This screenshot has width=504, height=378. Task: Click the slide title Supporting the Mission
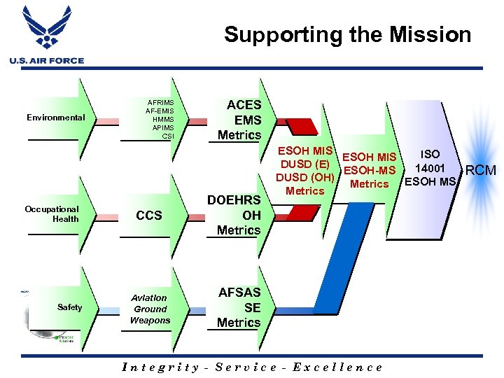pyautogui.click(x=347, y=34)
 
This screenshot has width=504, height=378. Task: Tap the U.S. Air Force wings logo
pyautogui.click(x=47, y=28)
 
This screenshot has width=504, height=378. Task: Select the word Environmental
pyautogui.click(x=55, y=118)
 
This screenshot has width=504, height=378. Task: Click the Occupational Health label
pyautogui.click(x=52, y=214)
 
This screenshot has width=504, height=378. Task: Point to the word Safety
pyautogui.click(x=70, y=307)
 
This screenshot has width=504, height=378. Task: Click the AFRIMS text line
pyautogui.click(x=160, y=102)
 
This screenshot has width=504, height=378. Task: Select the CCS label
pyautogui.click(x=149, y=216)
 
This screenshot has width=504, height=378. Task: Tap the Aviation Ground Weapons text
pyautogui.click(x=150, y=309)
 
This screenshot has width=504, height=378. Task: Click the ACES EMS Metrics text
pyautogui.click(x=239, y=120)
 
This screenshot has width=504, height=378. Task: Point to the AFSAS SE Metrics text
pyautogui.click(x=239, y=307)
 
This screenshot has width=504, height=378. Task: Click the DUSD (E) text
pyautogui.click(x=304, y=164)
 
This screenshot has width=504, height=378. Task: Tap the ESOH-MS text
pyautogui.click(x=370, y=170)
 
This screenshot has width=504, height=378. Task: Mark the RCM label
pyautogui.click(x=481, y=170)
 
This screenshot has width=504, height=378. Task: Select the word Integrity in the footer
pyautogui.click(x=160, y=367)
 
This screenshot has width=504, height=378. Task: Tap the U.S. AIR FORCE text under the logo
pyautogui.click(x=47, y=61)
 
